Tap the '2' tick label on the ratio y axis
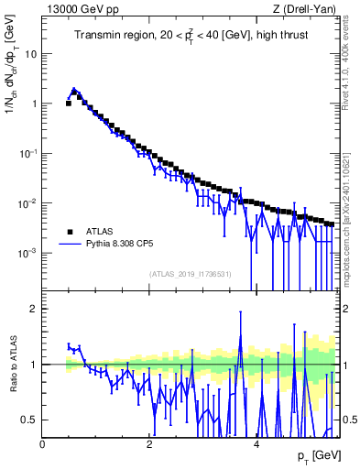(x=35, y=309)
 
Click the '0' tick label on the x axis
(x=43, y=444)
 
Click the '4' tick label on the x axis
(x=256, y=444)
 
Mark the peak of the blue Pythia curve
(x=73, y=90)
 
